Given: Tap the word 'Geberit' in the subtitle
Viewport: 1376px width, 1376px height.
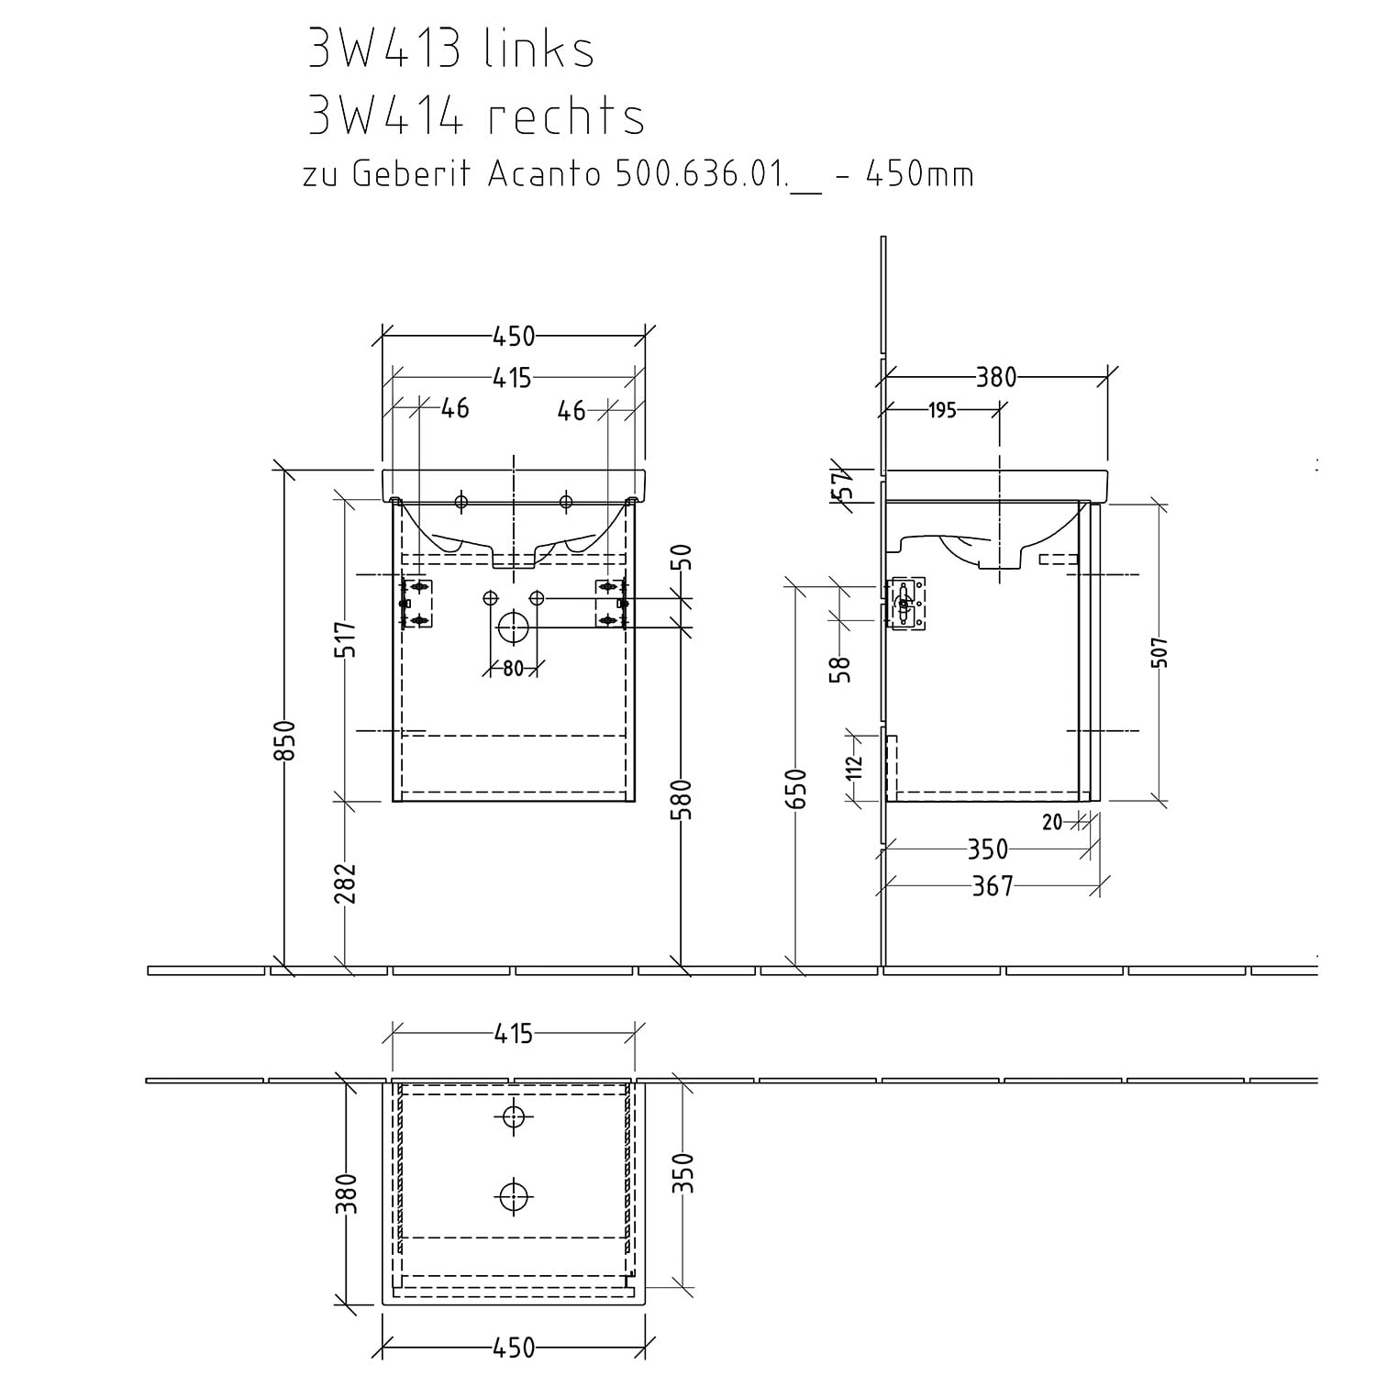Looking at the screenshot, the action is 412,174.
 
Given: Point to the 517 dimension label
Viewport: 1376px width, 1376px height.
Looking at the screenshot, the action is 346,638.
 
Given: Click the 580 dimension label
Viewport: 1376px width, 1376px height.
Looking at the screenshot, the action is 682,798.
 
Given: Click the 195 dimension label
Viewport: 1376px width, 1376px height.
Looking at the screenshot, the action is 942,411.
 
